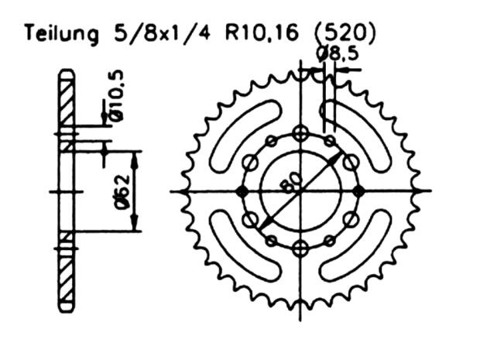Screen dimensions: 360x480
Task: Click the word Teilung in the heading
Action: click(x=60, y=34)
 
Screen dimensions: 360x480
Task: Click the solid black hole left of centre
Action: click(x=242, y=191)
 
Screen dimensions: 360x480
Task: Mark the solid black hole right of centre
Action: click(x=358, y=191)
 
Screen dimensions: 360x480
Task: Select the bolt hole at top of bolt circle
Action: click(x=300, y=132)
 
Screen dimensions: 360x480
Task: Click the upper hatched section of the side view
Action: click(x=67, y=108)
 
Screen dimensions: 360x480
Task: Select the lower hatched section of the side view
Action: click(x=67, y=271)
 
